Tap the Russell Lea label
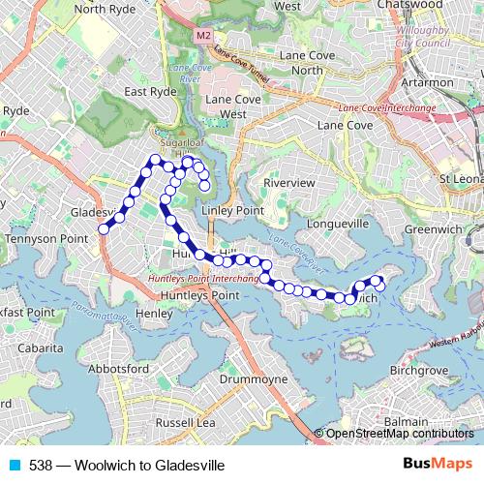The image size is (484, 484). coord(185,422)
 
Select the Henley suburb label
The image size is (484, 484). coord(155,314)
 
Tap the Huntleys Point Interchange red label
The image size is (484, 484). coord(203,278)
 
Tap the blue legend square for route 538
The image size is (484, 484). coord(14,464)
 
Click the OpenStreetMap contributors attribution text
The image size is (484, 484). coord(400,434)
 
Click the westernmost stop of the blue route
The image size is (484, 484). coord(104,229)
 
